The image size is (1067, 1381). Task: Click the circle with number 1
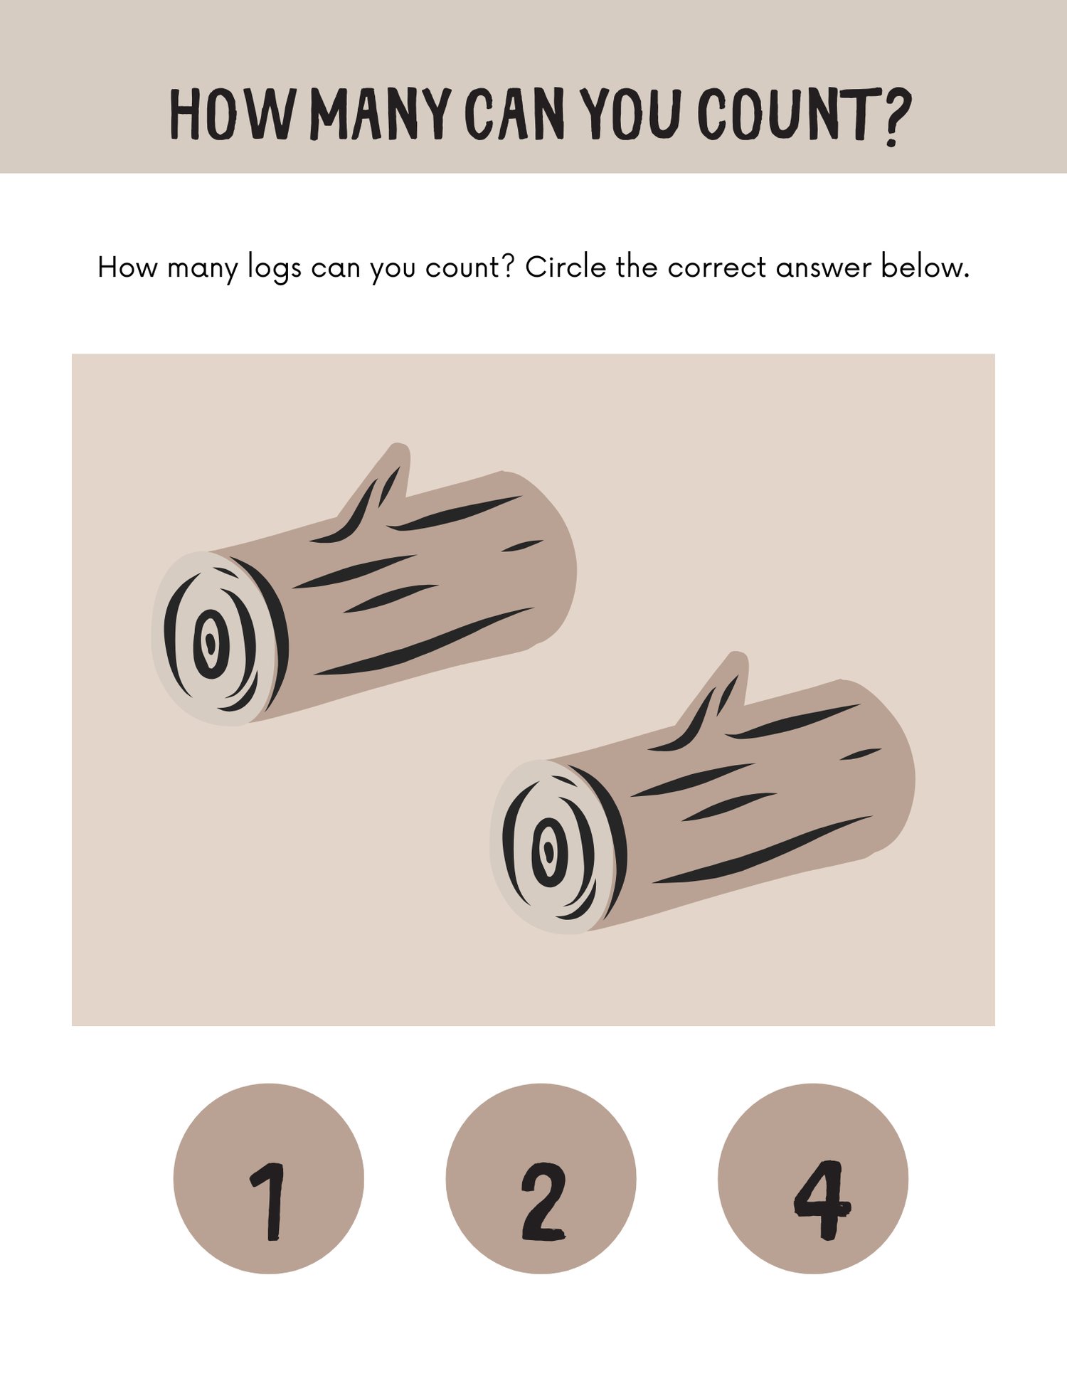tap(269, 1179)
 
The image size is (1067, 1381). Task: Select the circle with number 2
tap(541, 1179)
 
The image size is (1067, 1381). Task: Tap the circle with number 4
tap(813, 1179)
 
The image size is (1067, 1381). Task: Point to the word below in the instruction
tap(925, 268)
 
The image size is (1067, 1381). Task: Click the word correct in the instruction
tap(717, 268)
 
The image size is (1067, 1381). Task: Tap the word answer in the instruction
tap(824, 269)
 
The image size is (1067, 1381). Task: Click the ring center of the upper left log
tap(211, 644)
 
